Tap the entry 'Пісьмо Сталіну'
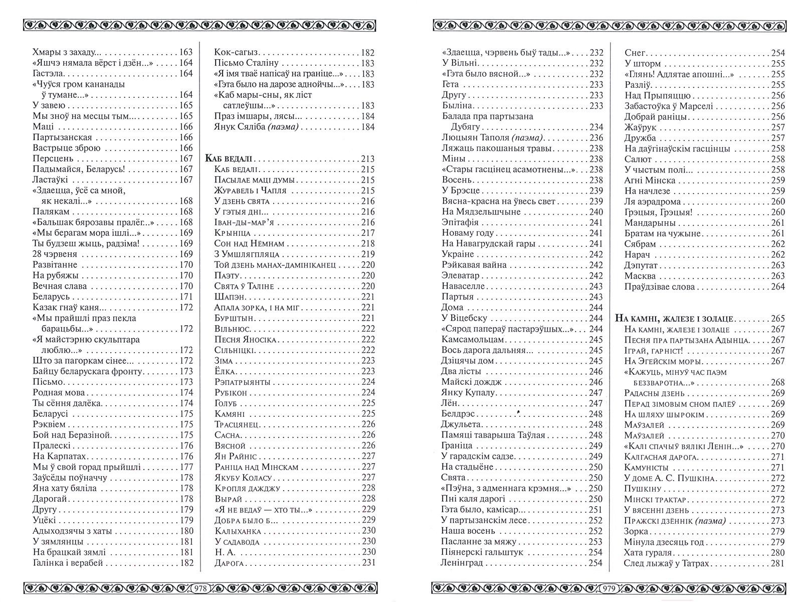[x=246, y=63]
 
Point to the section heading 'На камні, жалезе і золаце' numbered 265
[x=674, y=319]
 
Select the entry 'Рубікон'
[x=231, y=393]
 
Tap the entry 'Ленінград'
[x=462, y=563]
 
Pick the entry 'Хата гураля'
[x=648, y=553]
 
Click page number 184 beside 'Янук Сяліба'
[x=367, y=127]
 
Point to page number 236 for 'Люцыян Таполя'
[x=597, y=137]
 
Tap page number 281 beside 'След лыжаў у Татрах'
[x=777, y=563]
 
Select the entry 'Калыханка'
[x=239, y=531]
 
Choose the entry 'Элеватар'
[x=460, y=275]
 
